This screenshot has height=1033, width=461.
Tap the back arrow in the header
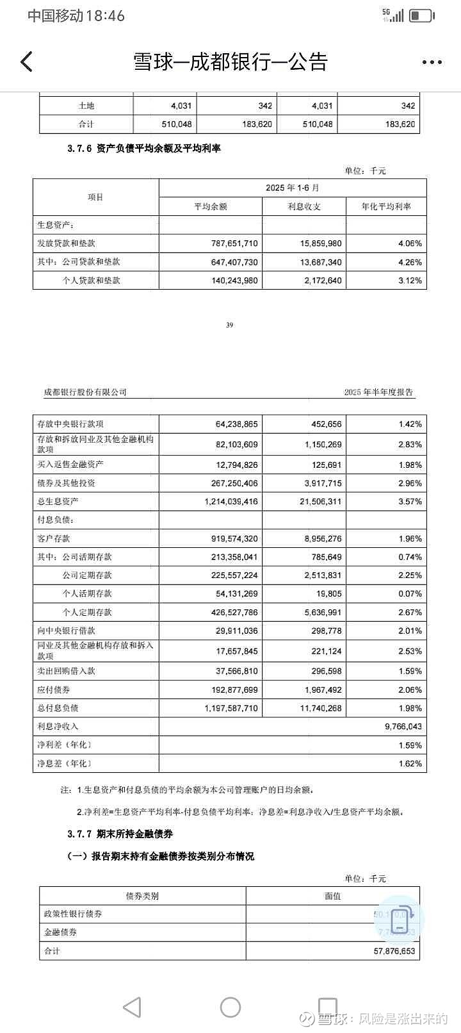(x=26, y=62)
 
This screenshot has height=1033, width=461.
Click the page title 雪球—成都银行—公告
(x=230, y=62)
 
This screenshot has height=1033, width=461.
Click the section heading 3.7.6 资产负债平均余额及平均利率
(x=143, y=149)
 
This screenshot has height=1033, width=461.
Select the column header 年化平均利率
(x=386, y=206)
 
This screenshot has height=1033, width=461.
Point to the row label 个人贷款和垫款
(x=92, y=280)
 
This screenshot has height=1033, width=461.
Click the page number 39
(x=230, y=325)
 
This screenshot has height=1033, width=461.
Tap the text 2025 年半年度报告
(x=378, y=392)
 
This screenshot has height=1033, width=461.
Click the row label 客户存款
(x=54, y=538)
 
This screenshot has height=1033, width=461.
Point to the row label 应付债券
(x=54, y=690)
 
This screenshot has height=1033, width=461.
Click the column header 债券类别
(x=142, y=896)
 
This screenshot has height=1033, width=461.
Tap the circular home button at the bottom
(x=230, y=1007)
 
